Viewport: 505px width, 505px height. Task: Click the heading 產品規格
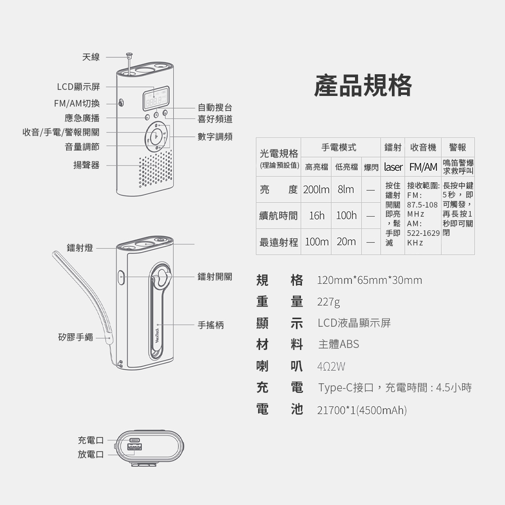363,85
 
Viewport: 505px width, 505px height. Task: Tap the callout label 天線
91,58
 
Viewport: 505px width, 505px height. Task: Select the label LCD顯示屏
79,87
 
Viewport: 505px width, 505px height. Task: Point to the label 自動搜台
215,108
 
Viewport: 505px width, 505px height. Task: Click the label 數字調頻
215,136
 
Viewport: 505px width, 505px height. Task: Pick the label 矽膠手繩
75,337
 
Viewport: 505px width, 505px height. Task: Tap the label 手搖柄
211,325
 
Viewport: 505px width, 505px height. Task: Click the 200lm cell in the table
316,189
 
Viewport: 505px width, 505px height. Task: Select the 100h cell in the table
346,216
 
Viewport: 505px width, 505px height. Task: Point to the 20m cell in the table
346,241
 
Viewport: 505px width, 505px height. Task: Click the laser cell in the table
393,167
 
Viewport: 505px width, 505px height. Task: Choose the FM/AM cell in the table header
423,167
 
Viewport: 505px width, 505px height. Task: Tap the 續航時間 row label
279,216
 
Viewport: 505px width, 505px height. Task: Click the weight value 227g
329,302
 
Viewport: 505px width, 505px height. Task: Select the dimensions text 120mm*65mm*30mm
370,280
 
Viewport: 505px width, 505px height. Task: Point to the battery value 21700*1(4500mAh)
362,410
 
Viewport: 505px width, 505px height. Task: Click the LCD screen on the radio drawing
156,98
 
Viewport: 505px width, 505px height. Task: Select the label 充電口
91,440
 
